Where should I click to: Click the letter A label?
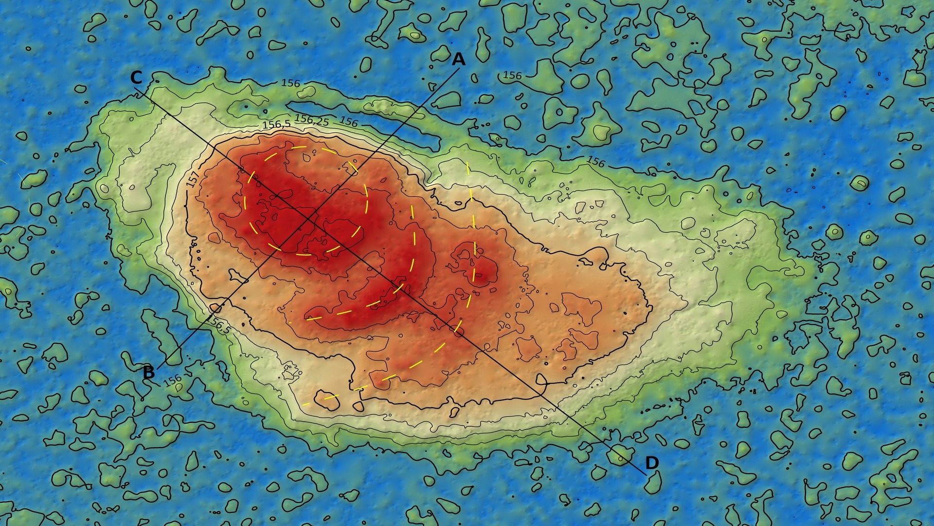point(458,59)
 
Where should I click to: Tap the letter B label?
point(149,373)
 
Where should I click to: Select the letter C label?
point(136,77)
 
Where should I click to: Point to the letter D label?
point(652,463)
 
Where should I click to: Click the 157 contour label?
point(193,179)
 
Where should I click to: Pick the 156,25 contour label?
point(312,119)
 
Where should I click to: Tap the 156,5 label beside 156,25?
point(276,124)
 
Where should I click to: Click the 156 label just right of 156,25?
point(349,121)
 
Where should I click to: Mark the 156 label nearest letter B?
point(172,380)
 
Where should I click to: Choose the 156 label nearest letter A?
point(512,75)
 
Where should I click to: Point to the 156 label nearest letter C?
point(290,83)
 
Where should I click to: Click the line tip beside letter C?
point(135,89)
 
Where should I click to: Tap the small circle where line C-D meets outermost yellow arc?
point(456,325)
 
